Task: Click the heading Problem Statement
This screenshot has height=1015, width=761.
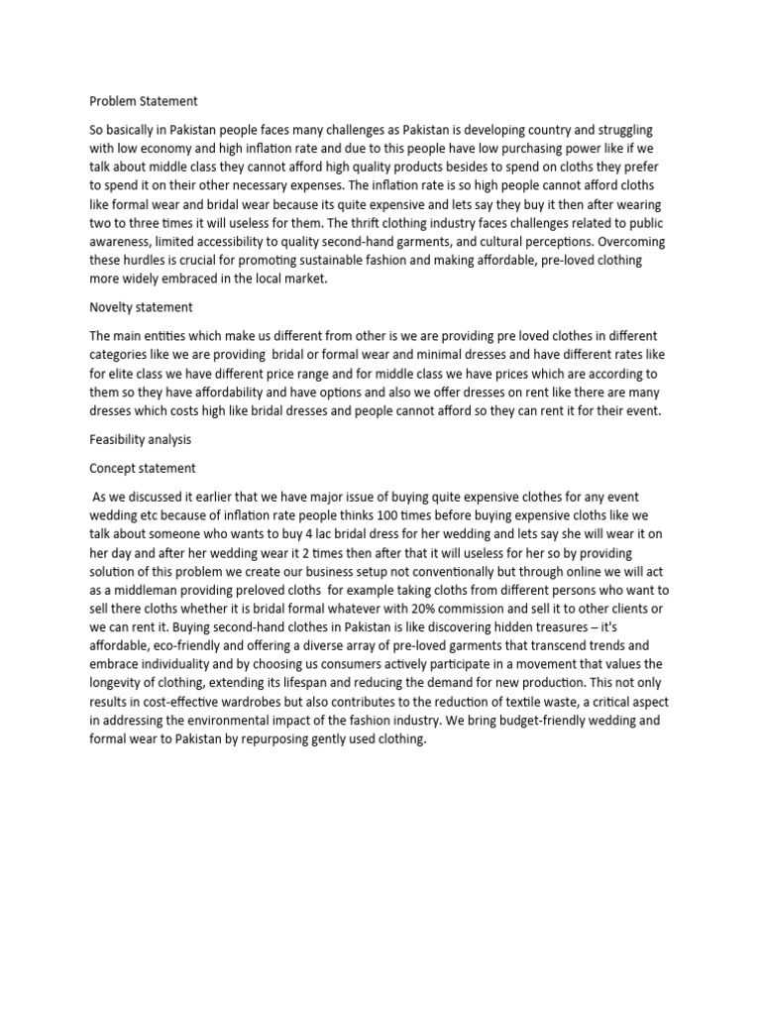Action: tap(144, 101)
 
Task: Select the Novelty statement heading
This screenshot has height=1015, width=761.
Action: tap(141, 307)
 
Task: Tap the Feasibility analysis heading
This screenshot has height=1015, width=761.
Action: tap(141, 438)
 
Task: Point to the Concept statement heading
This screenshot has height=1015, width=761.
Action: tap(143, 468)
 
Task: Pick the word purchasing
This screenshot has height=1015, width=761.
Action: tap(507, 150)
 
